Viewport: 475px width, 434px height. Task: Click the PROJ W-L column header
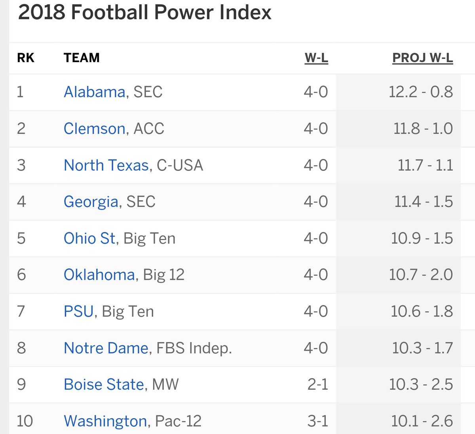point(422,58)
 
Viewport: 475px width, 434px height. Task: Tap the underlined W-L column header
point(316,58)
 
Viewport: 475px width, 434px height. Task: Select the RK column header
point(26,58)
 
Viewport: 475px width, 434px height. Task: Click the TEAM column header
point(82,58)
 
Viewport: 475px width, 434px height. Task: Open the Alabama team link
point(95,92)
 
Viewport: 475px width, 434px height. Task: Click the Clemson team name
point(95,129)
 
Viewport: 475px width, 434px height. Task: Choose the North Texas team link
point(106,165)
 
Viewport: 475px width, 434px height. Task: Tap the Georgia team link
point(91,202)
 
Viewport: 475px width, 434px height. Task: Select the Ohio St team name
point(89,238)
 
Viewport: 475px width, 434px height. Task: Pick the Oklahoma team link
point(99,275)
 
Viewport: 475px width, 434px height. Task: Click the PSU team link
point(78,311)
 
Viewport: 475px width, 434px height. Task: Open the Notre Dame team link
point(106,348)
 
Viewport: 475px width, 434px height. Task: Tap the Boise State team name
point(104,385)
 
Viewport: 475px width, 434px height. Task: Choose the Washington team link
point(105,421)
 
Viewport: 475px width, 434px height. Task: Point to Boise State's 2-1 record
point(317,385)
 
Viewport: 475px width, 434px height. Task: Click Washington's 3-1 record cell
point(317,421)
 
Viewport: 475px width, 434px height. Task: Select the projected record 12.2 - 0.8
point(420,92)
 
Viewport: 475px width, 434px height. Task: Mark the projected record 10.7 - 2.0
point(420,275)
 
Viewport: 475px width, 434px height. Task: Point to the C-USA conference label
point(180,165)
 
